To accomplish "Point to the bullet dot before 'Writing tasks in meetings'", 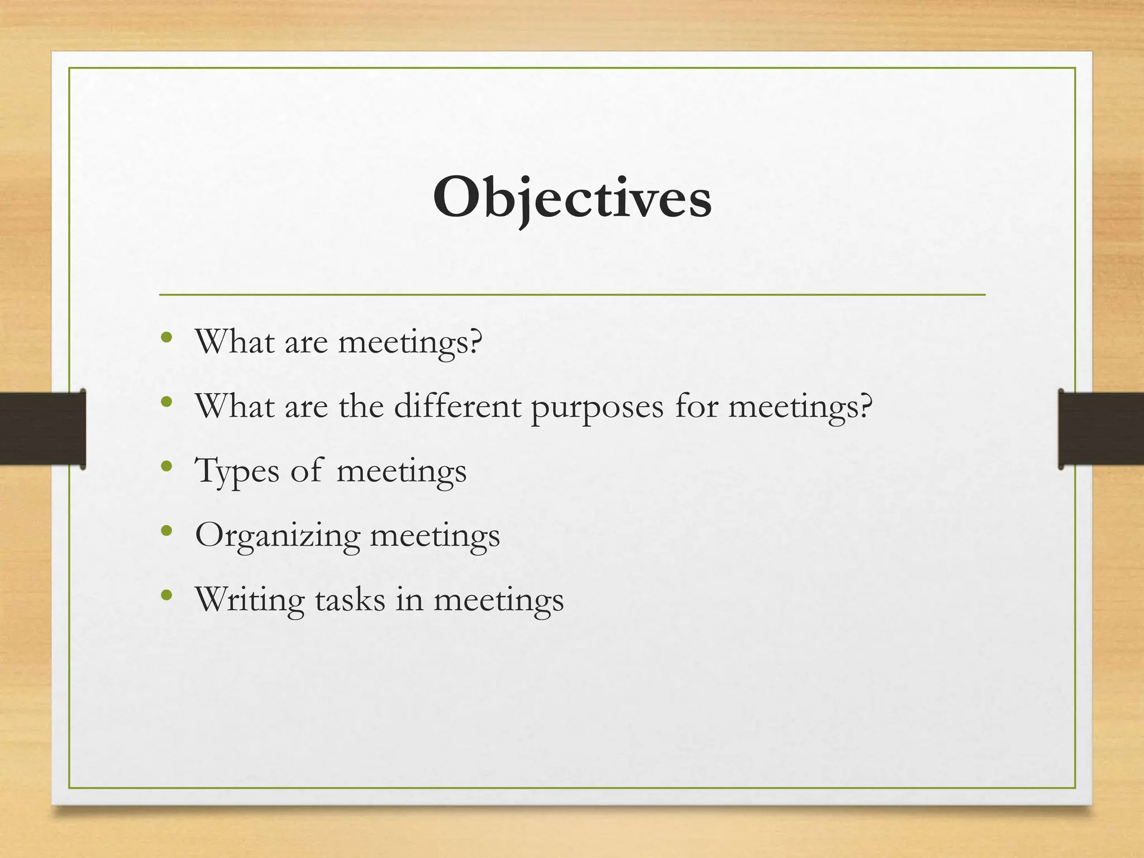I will pos(166,595).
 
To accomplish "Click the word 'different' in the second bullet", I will pos(457,406).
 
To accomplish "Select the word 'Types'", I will pos(236,471).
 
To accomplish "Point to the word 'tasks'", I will pos(350,599).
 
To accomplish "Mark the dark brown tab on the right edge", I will pos(1101,428).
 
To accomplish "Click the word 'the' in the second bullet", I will pos(361,406).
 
